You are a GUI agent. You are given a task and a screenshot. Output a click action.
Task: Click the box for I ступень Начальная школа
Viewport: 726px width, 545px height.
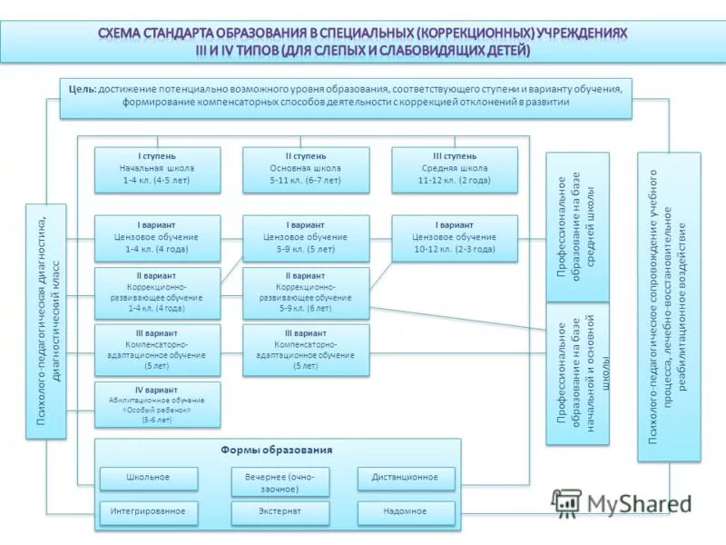pos(158,169)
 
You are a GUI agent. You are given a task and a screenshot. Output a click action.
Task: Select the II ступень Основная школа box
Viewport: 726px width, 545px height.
pos(306,169)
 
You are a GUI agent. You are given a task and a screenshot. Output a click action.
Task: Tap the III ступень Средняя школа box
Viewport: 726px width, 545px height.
pos(455,169)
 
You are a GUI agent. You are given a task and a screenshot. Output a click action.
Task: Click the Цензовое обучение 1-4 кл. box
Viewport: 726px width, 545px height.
pos(158,237)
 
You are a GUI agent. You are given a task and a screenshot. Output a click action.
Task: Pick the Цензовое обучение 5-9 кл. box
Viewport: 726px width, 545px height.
pos(306,237)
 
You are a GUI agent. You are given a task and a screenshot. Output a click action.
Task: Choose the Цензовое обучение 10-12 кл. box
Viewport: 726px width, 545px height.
pos(455,237)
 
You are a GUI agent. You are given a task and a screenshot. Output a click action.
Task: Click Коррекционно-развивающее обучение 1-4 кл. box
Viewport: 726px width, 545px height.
pos(158,292)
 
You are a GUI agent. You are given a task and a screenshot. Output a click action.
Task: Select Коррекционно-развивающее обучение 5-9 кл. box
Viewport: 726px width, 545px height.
pos(306,292)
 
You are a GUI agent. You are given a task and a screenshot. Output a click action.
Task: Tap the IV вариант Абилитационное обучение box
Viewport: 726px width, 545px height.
pos(158,405)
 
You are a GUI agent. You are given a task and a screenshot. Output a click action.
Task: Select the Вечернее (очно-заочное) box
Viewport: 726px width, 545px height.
pos(280,482)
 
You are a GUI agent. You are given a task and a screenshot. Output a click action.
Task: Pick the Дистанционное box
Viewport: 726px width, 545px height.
pos(405,478)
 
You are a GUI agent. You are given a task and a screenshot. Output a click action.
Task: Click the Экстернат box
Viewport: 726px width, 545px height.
pos(280,512)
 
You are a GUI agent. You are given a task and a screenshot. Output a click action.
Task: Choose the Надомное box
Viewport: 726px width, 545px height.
pos(405,512)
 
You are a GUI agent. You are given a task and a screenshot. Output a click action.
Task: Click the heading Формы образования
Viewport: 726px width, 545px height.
pos(276,451)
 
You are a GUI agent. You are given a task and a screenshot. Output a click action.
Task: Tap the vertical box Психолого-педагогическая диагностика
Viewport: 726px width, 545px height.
pos(46,321)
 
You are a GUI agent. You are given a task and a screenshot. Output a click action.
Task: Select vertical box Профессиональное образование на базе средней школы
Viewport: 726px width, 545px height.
pos(577,227)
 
